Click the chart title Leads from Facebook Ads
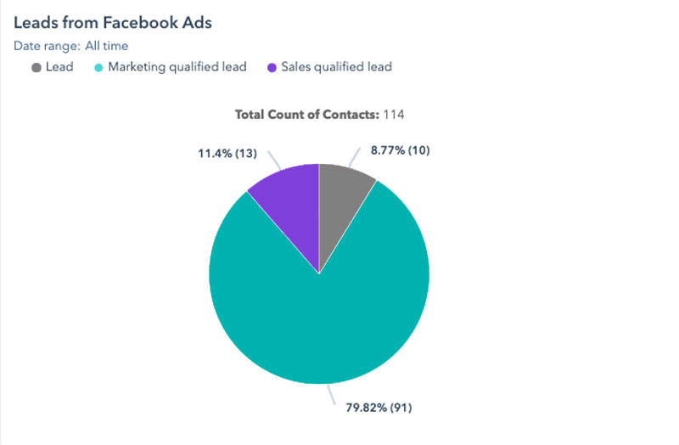point(112,23)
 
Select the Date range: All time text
point(70,46)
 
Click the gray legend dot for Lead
point(36,67)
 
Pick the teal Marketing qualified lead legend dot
point(98,67)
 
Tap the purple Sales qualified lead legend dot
point(272,67)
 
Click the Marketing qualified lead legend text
point(177,67)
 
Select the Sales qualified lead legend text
point(337,67)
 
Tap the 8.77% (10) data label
point(401,150)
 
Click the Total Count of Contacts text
point(306,113)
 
